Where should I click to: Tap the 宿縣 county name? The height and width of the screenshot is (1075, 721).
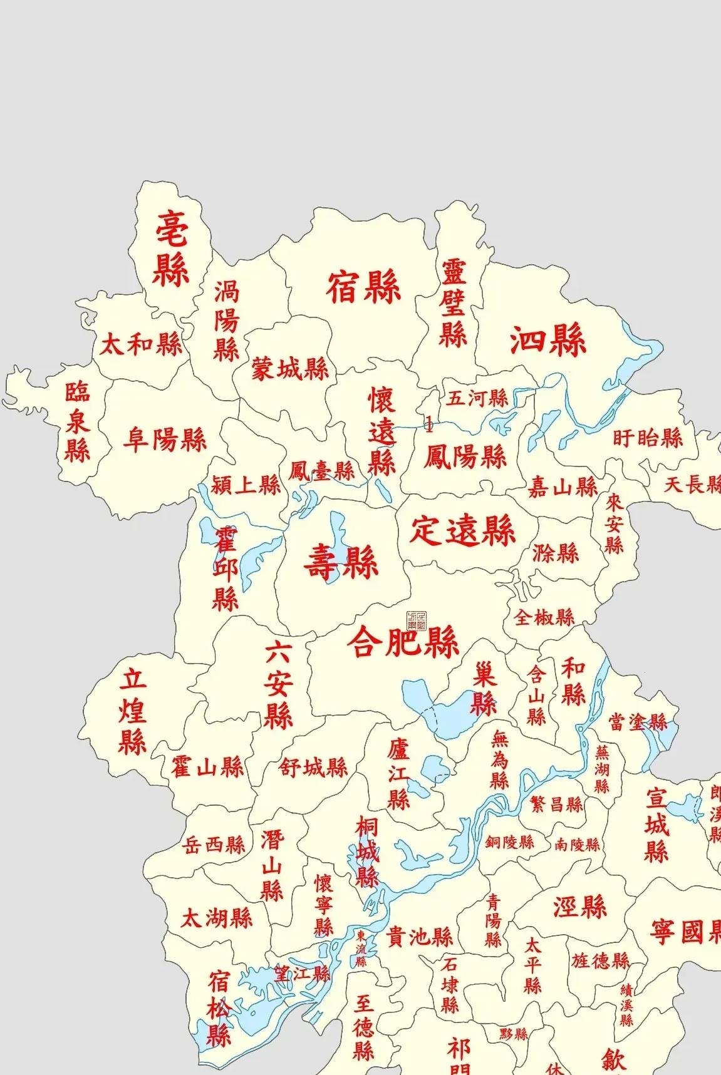[363, 289]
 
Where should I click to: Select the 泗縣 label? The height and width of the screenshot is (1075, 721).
[547, 341]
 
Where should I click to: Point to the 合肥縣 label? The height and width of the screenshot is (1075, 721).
[403, 642]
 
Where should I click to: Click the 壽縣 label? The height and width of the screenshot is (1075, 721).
[341, 562]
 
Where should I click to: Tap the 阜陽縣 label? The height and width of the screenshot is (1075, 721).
[165, 440]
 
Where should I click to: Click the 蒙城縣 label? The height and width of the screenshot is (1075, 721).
[290, 369]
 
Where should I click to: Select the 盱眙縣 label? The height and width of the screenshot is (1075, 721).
[647, 438]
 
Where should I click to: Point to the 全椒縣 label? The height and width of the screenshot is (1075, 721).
[544, 617]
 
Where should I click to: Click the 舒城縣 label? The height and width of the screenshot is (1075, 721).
[313, 767]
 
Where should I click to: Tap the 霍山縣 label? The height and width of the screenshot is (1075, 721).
[207, 766]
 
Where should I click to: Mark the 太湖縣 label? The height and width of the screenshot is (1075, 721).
[216, 918]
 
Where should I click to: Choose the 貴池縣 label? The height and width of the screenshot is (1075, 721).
[419, 937]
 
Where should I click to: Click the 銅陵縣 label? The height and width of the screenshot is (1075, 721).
[509, 842]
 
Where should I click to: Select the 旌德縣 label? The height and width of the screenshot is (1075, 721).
[599, 960]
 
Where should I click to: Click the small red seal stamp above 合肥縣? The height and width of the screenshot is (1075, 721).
[416, 620]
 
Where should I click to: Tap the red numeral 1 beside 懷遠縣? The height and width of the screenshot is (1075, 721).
[429, 425]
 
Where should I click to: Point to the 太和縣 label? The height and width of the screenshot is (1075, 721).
[141, 344]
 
